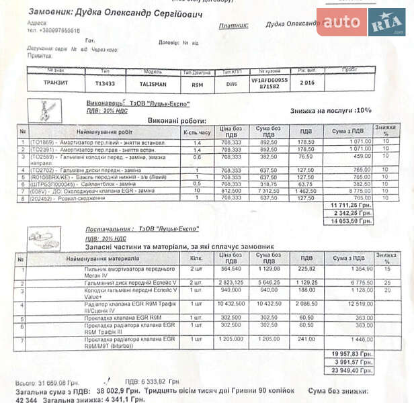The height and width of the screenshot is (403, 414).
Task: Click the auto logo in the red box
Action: (x=341, y=22)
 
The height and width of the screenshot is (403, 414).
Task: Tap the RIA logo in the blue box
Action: (x=386, y=23)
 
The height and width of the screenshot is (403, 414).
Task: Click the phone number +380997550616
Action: (x=53, y=30)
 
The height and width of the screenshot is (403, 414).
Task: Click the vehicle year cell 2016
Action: (x=307, y=83)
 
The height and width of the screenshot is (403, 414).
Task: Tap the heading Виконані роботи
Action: (x=176, y=120)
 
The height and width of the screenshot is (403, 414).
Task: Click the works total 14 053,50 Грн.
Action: (x=351, y=220)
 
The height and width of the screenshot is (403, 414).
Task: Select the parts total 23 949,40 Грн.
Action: (x=351, y=369)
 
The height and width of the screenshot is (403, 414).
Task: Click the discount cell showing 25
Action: (x=386, y=283)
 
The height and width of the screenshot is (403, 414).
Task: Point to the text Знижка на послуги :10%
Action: (x=330, y=111)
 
